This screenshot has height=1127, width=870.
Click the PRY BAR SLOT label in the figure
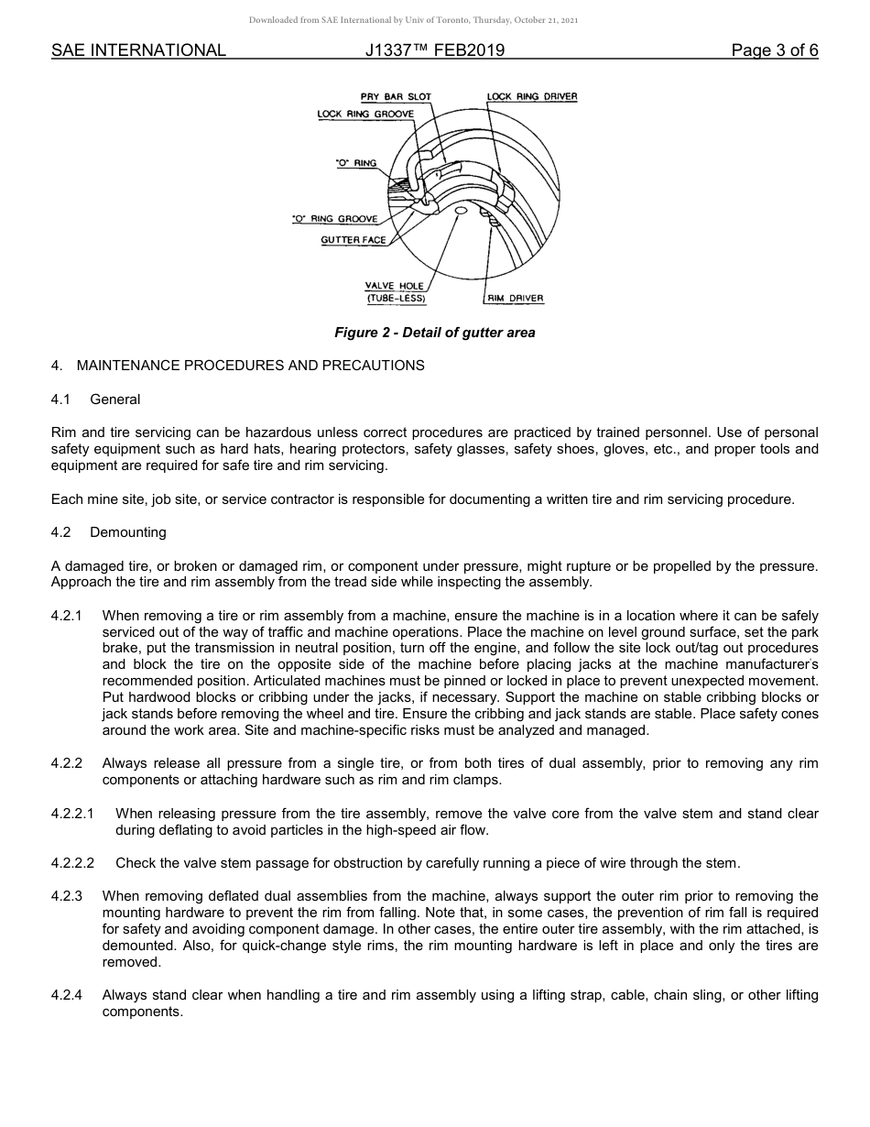(396, 97)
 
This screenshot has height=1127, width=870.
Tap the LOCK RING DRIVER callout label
(532, 97)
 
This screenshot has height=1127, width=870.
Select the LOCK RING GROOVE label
(365, 115)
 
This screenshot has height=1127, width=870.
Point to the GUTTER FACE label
(353, 240)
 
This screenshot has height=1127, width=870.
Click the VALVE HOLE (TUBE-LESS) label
(396, 292)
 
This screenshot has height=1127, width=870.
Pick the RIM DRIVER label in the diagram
(515, 299)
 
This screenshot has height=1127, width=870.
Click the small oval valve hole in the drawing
(461, 211)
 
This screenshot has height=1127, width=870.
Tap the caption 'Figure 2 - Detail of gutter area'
(434, 333)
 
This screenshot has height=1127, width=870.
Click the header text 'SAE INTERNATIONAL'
(138, 50)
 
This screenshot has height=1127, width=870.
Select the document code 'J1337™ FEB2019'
(434, 50)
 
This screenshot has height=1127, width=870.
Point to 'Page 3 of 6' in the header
(774, 50)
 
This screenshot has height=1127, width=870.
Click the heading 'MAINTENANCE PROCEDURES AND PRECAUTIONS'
(250, 366)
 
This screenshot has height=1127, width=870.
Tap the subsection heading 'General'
(115, 399)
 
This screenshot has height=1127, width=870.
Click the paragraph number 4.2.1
(67, 616)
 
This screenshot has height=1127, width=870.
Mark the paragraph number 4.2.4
(67, 995)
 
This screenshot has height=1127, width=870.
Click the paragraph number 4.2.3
(67, 896)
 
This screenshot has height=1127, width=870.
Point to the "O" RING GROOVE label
(334, 220)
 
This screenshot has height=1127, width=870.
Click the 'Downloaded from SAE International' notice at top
(413, 19)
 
